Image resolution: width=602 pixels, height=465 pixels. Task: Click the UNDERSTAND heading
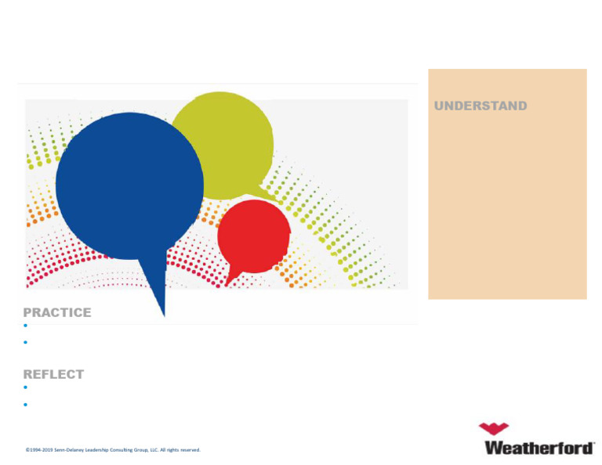(481, 106)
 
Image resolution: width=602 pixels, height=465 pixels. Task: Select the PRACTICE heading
(57, 312)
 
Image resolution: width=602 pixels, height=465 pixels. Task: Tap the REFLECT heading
(53, 374)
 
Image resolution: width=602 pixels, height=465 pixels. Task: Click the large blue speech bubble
(129, 184)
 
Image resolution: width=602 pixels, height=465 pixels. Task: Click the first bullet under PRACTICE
(26, 325)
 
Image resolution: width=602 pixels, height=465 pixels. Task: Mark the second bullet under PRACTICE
(26, 342)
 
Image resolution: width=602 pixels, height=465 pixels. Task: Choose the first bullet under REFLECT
(26, 387)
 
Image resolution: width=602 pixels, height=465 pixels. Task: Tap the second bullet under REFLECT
(26, 405)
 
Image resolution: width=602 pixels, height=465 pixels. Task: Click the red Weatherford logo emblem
(494, 428)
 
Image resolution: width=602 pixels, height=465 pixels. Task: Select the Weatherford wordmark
(539, 448)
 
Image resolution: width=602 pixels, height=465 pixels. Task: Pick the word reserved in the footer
(190, 450)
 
